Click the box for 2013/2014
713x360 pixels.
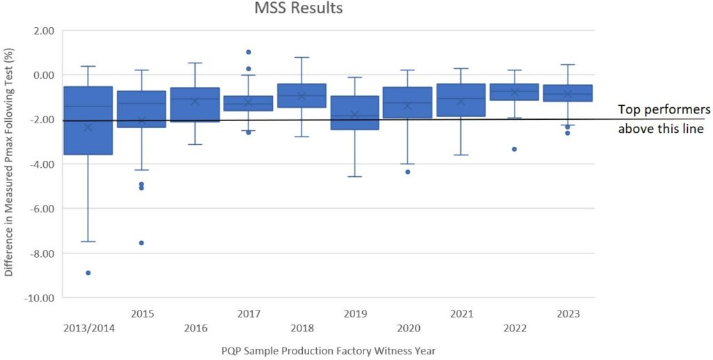pos(88,120)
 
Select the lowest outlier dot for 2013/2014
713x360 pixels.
pos(88,272)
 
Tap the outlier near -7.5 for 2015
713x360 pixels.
pos(141,242)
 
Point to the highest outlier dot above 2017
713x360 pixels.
pos(248,52)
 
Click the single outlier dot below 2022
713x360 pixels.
pos(514,149)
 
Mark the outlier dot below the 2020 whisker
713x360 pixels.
pos(407,171)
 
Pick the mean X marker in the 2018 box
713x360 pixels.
pos(301,96)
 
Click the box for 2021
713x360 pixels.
pos(461,100)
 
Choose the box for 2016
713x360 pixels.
pos(195,104)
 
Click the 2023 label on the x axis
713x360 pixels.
pos(567,314)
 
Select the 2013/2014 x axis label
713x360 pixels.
pos(88,328)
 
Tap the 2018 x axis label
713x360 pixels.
pos(301,328)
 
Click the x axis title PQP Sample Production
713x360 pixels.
pos(328,350)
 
